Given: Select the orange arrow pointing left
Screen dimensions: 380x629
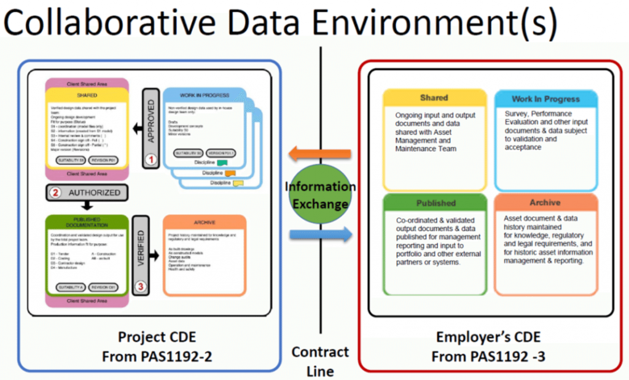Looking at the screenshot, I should (319, 153).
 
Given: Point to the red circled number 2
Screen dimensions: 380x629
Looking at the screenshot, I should (55, 192).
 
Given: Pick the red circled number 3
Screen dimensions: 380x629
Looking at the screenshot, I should (141, 285).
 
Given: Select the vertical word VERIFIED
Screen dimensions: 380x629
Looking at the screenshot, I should (140, 248).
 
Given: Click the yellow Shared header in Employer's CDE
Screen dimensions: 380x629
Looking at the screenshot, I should (434, 98).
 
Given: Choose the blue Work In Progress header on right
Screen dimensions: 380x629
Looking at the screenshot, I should (545, 99).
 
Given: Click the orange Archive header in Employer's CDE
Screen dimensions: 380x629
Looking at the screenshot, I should (545, 202).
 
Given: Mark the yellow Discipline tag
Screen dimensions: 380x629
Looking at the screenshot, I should (238, 182).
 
